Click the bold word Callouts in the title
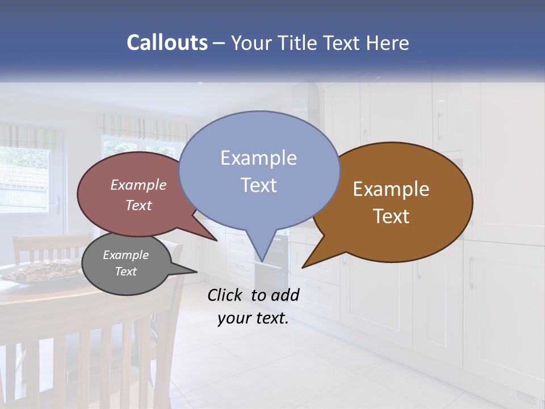tap(167, 43)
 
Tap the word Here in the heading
tap(385, 43)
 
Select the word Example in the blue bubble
tap(258, 158)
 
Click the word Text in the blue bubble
tap(258, 185)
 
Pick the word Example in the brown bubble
tap(391, 189)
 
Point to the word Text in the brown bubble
tap(391, 216)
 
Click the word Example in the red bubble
tap(139, 185)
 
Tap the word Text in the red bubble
tap(139, 205)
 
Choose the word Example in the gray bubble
tap(126, 255)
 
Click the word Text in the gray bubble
tap(126, 272)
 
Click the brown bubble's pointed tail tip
tap(303, 267)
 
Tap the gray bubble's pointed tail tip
tap(196, 272)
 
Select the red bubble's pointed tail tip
tap(217, 240)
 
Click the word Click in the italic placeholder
tap(225, 295)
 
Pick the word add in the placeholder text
tap(285, 295)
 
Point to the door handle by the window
tap(57, 205)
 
